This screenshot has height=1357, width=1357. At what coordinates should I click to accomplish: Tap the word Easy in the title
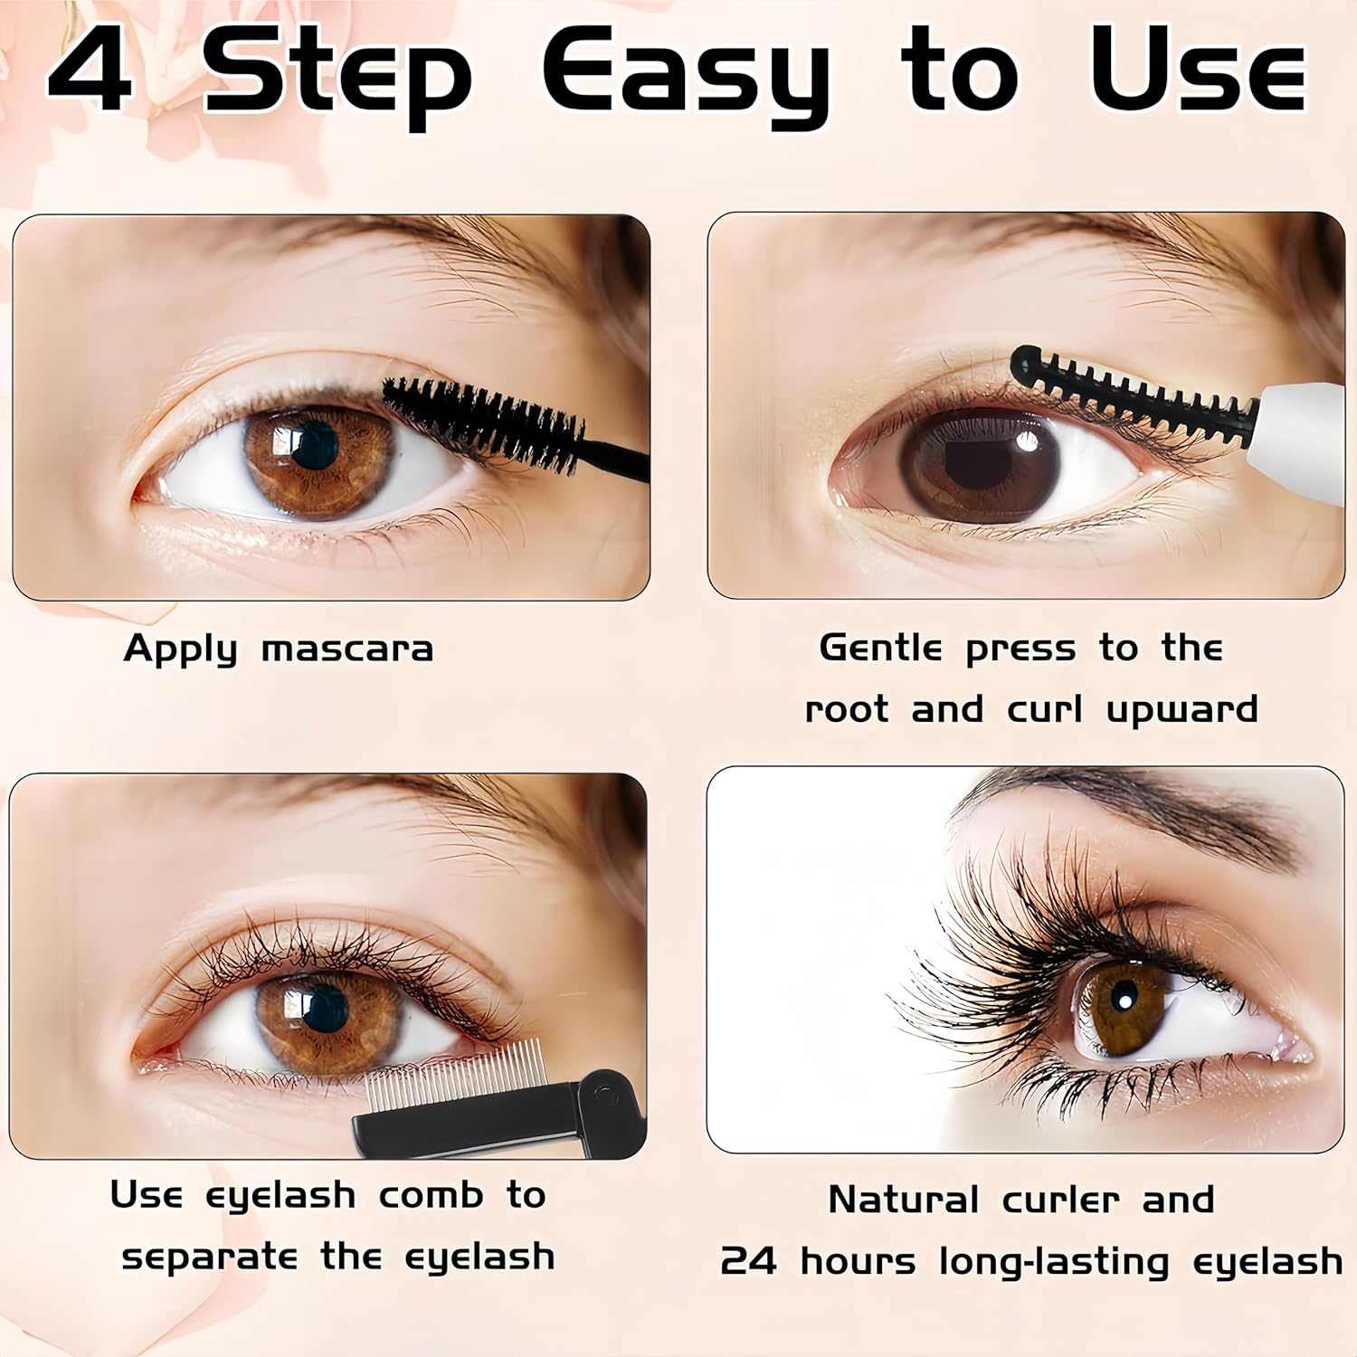(x=686, y=78)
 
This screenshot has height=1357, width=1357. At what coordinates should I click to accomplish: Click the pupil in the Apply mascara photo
(x=314, y=443)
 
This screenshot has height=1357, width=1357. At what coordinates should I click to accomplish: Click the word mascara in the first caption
(x=347, y=649)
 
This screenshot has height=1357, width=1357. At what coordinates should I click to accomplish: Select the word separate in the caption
(x=210, y=1257)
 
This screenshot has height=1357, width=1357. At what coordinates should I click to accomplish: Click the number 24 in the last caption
(x=748, y=1260)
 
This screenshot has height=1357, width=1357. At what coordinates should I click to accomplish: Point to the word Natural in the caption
(x=903, y=1200)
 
